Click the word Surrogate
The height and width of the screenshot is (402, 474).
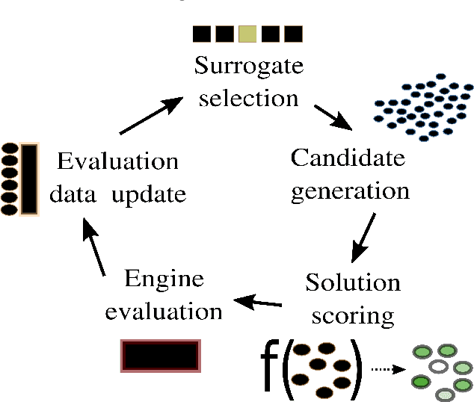coord(249,67)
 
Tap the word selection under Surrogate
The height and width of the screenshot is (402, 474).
coord(249,98)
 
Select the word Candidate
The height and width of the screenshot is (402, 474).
coord(348,158)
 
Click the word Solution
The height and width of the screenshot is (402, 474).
coord(353,282)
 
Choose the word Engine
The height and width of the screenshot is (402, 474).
coord(164,279)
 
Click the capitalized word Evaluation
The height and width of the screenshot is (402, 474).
coord(118,161)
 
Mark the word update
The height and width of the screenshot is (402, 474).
coord(149,195)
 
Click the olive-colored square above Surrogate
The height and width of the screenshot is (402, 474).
coord(247,34)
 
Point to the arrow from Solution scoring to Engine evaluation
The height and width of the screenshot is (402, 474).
coord(258,302)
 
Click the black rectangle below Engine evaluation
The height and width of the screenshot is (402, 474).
coord(160,356)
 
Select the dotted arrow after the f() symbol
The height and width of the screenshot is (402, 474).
coord(387,369)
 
